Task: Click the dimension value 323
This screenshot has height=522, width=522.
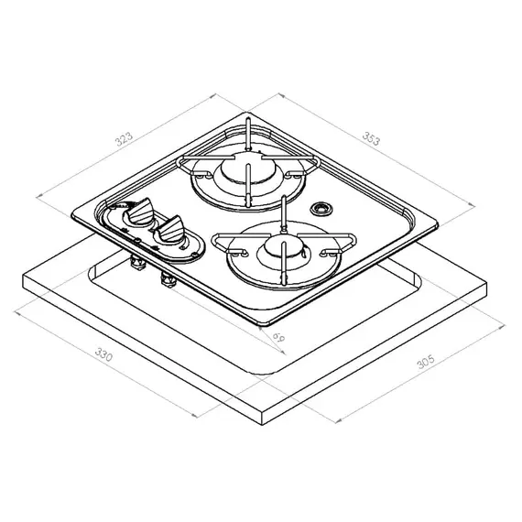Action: click(124, 139)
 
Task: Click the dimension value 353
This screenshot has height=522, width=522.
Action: click(371, 138)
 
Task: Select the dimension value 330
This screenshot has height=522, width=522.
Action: click(103, 354)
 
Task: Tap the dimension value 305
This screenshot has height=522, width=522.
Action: click(426, 362)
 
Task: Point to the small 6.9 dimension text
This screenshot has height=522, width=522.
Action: click(278, 337)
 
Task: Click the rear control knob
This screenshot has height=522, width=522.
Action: click(140, 211)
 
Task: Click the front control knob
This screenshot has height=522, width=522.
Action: click(170, 229)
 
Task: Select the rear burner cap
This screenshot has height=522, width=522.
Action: click(248, 167)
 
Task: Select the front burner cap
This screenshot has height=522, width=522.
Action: click(283, 246)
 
